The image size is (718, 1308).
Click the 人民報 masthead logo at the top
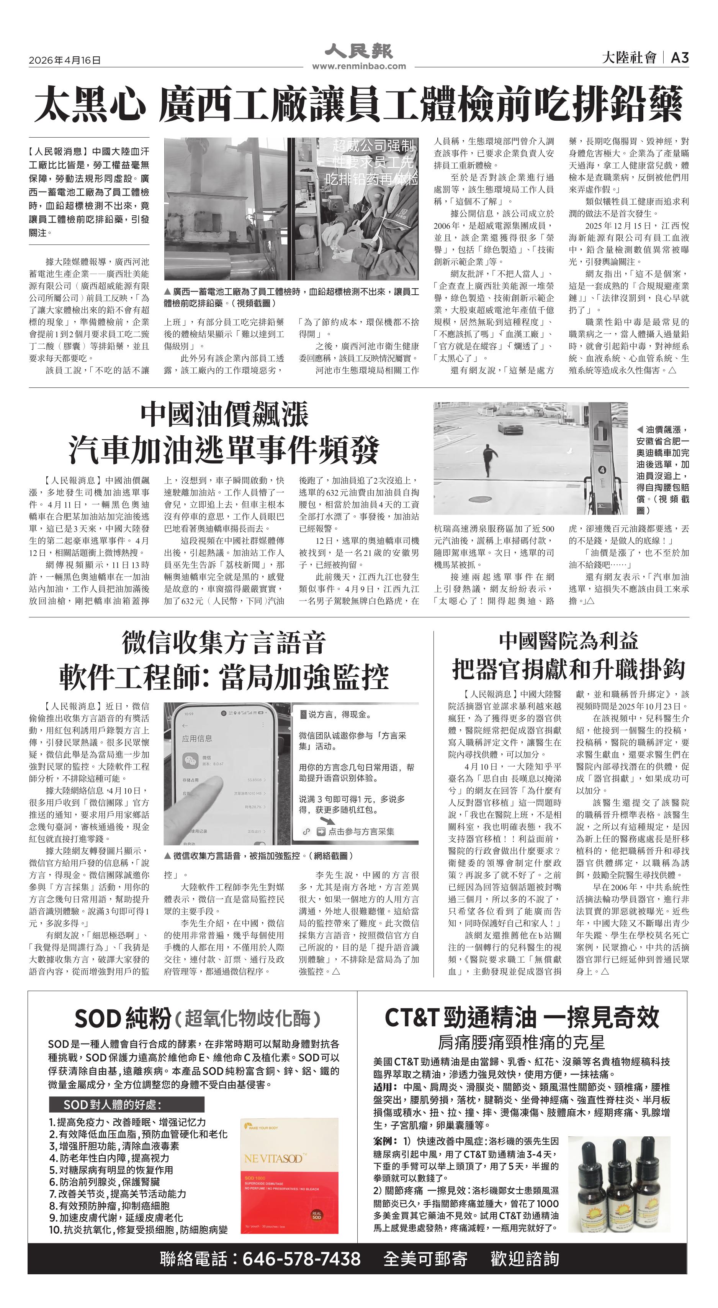[x=358, y=51]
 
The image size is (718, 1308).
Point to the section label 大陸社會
[x=629, y=58]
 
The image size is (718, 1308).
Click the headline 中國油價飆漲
[x=224, y=414]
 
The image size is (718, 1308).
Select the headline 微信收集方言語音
[x=223, y=643]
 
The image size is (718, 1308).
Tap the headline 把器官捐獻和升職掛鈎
[x=568, y=669]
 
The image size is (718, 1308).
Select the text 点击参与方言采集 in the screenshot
[x=361, y=831]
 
